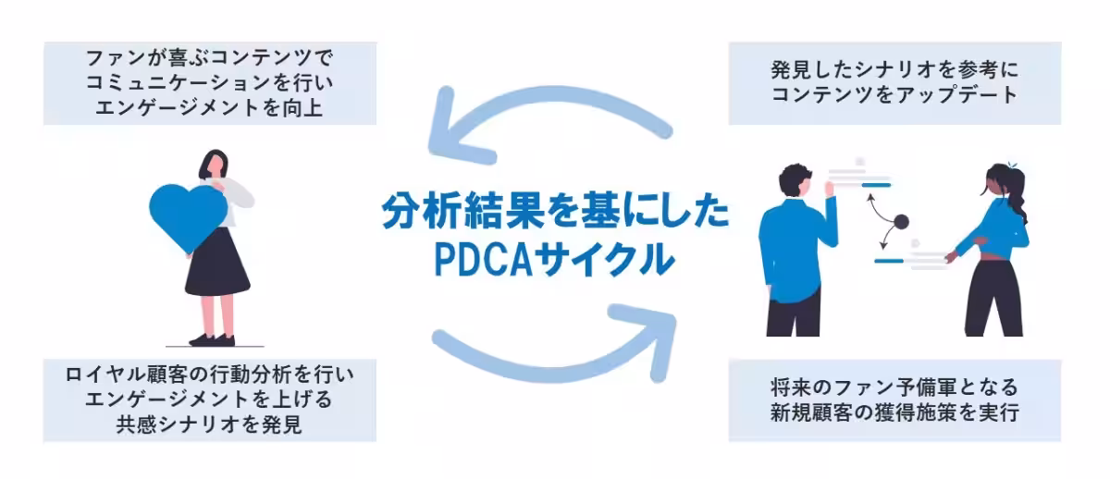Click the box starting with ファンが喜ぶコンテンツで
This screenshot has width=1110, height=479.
click(210, 83)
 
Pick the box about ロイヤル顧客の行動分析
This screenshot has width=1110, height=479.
click(210, 400)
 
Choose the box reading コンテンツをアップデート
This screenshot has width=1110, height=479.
click(894, 83)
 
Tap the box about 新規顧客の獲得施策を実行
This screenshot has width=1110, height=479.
click(894, 400)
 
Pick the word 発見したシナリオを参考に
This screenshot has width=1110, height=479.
click(894, 69)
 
